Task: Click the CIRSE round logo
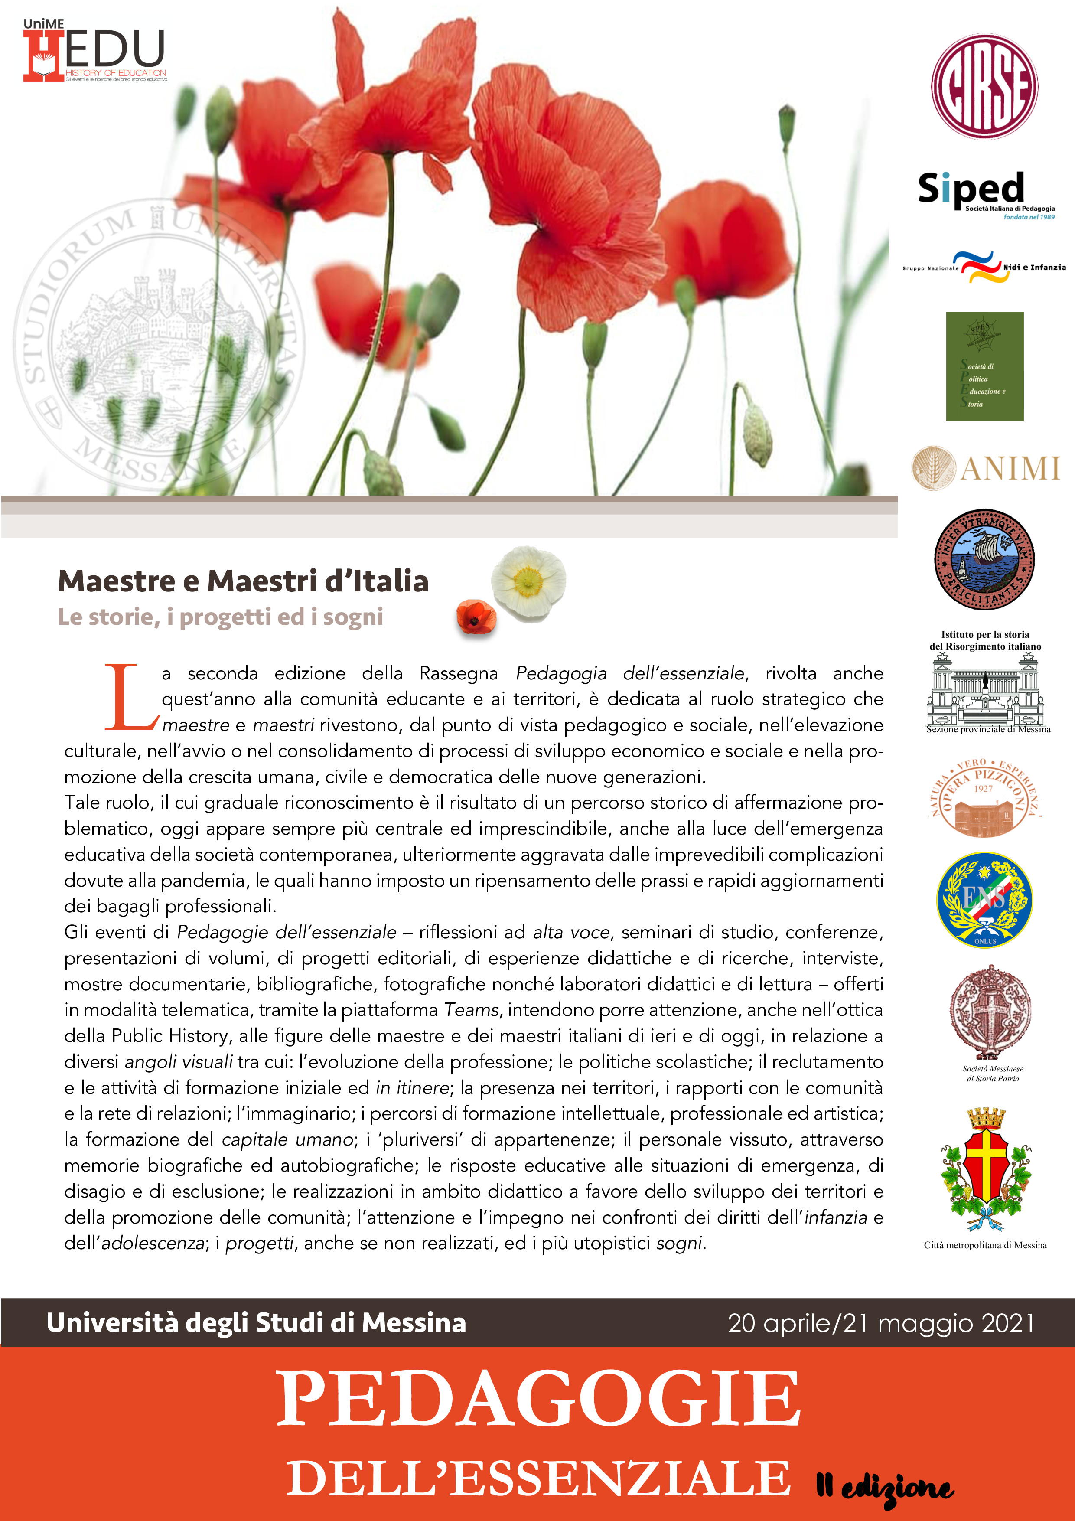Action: click(x=984, y=87)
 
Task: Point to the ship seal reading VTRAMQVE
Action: click(x=984, y=560)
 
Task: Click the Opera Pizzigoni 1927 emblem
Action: click(x=985, y=798)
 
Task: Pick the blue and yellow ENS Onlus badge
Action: click(x=984, y=899)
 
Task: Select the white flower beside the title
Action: click(x=528, y=581)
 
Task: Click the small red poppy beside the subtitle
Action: click(x=475, y=616)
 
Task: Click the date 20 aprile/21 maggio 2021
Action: click(x=880, y=1323)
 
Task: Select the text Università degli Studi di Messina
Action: click(x=256, y=1323)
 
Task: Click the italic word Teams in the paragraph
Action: click(x=472, y=1009)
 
